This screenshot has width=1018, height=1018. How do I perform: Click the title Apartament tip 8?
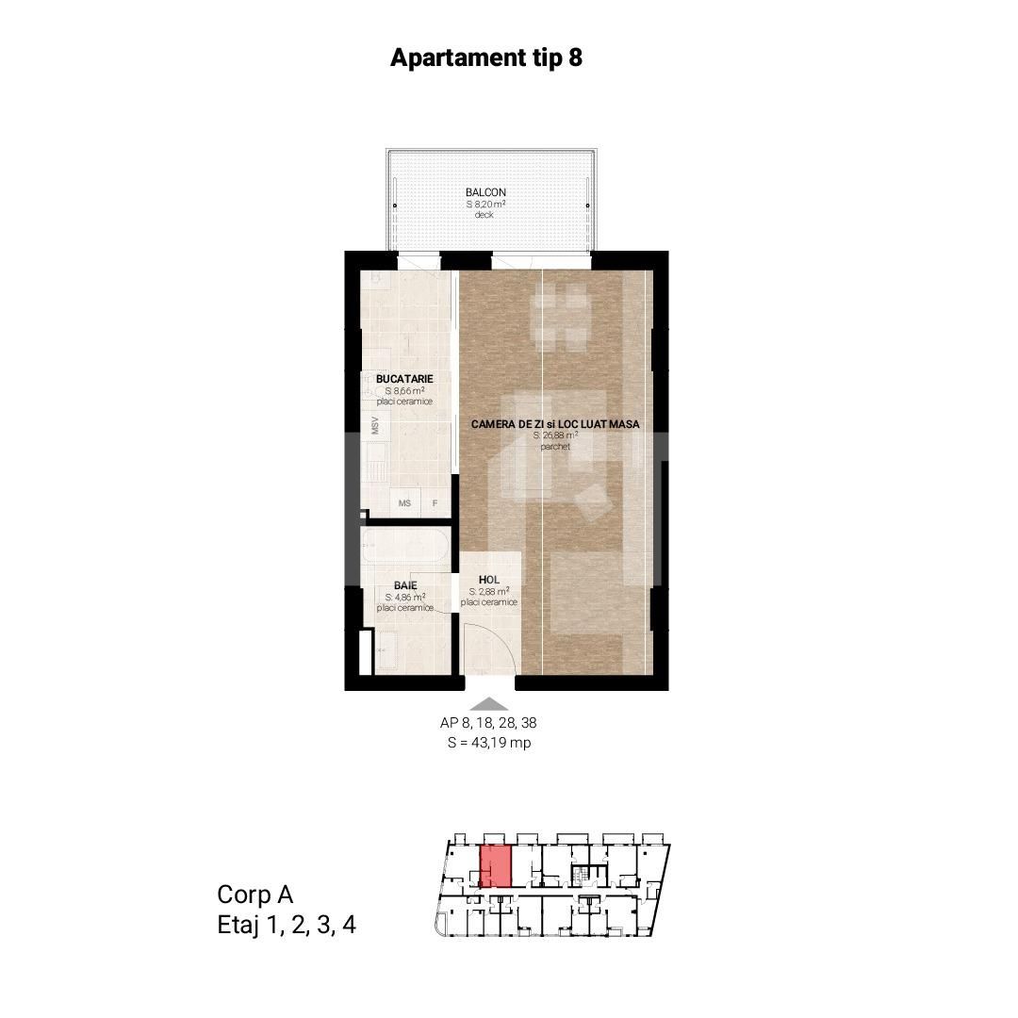tap(486, 57)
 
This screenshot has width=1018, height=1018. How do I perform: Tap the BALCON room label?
tap(485, 192)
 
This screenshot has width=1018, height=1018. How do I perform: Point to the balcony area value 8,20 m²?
tap(485, 204)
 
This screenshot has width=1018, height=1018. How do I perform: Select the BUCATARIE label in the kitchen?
tap(404, 379)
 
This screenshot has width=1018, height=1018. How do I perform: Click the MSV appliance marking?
tap(374, 426)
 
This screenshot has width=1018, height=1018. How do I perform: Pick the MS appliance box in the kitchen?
tap(404, 502)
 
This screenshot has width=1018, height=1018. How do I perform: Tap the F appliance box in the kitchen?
tap(435, 502)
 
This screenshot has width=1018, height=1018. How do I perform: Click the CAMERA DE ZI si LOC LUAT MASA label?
tap(555, 424)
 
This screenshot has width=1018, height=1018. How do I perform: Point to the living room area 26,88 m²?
tap(556, 435)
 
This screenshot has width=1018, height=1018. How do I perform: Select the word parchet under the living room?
tap(555, 447)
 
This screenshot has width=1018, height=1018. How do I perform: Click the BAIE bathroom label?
tap(405, 585)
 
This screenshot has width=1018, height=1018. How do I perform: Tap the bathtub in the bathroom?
tap(405, 546)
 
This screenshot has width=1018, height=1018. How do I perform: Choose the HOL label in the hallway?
tap(489, 580)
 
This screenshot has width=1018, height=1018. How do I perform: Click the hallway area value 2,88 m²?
tap(489, 591)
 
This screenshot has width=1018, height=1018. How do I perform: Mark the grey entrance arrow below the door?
tap(489, 704)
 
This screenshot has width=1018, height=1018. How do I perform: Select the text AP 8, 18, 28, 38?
tap(488, 723)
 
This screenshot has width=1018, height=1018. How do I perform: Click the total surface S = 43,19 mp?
tap(489, 743)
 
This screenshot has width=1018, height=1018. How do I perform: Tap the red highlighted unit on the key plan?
tap(496, 866)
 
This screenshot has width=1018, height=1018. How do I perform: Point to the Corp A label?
tap(255, 895)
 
